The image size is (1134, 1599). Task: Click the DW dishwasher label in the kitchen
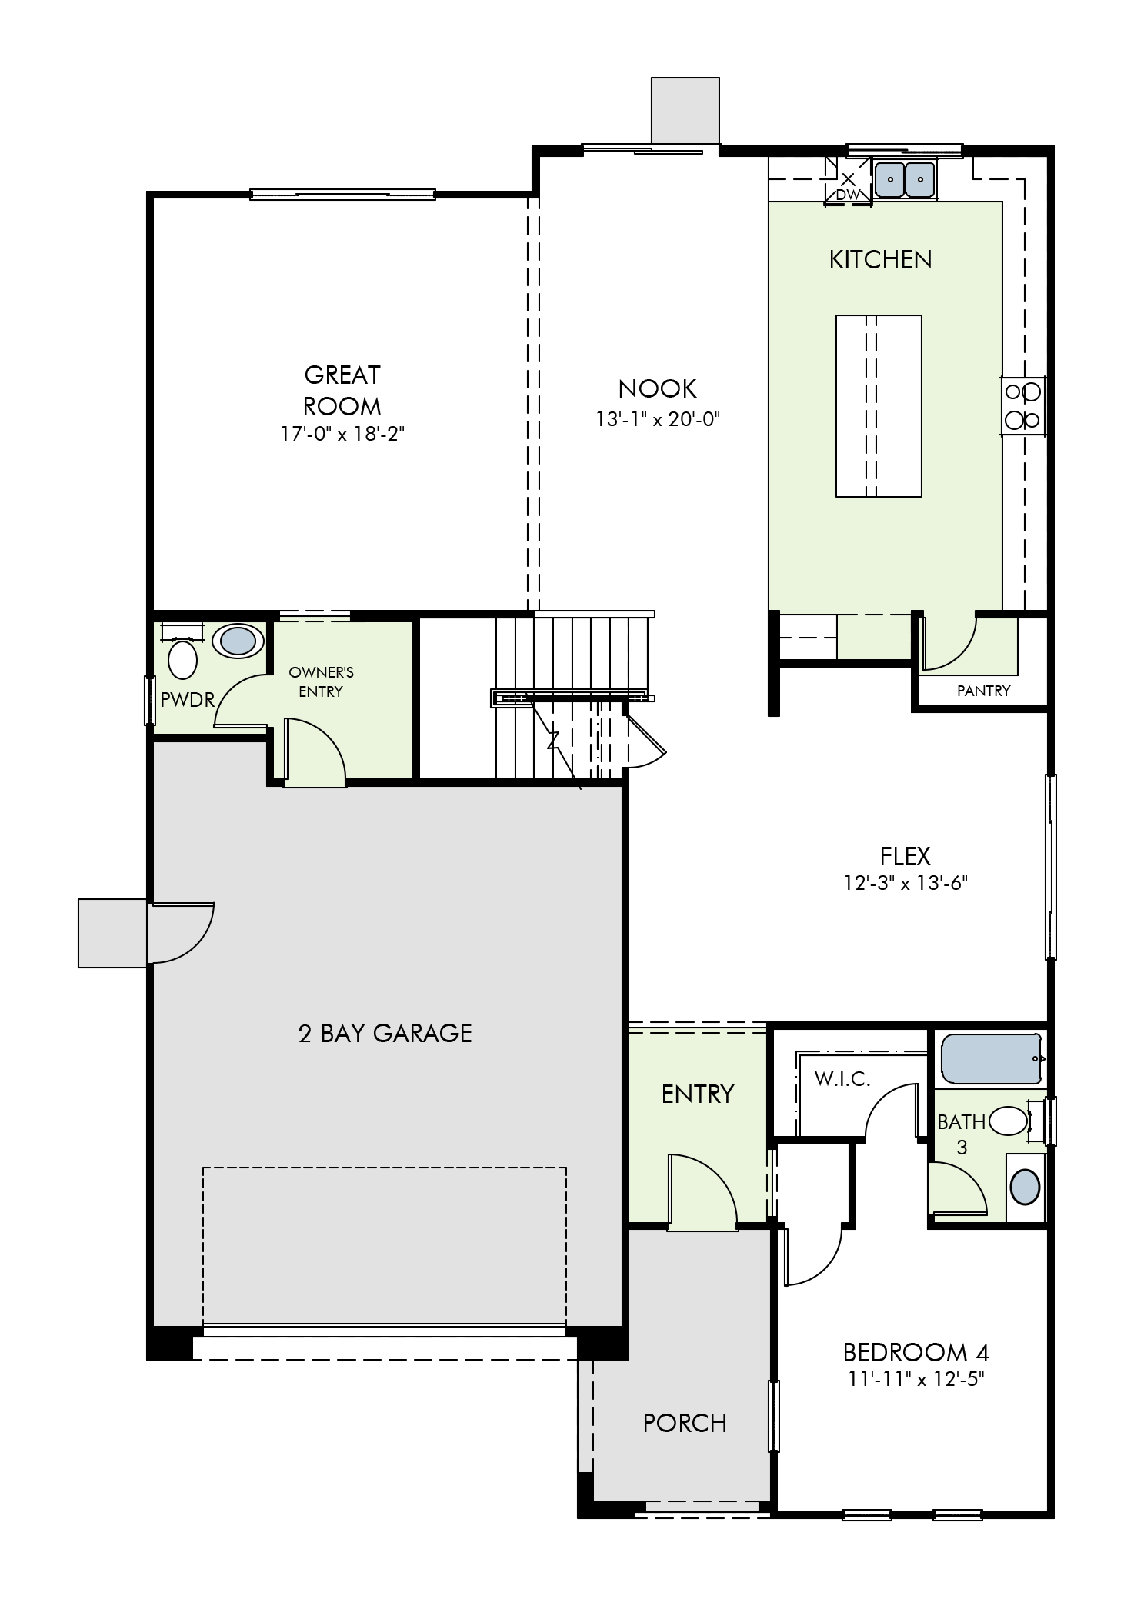(x=848, y=195)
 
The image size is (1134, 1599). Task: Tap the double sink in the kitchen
(x=906, y=179)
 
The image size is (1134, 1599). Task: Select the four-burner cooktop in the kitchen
(x=1023, y=406)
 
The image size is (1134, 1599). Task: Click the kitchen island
(x=879, y=405)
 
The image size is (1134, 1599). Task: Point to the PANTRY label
(x=983, y=691)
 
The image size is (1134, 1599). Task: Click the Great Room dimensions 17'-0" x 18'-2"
(x=342, y=434)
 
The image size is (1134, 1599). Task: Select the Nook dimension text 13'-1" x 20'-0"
(x=657, y=419)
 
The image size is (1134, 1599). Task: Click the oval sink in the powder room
(x=238, y=640)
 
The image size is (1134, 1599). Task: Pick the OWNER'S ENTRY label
(x=321, y=681)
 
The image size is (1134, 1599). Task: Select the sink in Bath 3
(x=1025, y=1187)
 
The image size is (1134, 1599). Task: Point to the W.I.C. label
(x=842, y=1079)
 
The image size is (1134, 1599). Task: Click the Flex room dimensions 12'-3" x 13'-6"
(x=905, y=883)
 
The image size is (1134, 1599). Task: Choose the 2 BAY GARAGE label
(x=385, y=1033)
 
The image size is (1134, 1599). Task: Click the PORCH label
(x=685, y=1423)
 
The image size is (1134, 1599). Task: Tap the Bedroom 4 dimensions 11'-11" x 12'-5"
(x=916, y=1378)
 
